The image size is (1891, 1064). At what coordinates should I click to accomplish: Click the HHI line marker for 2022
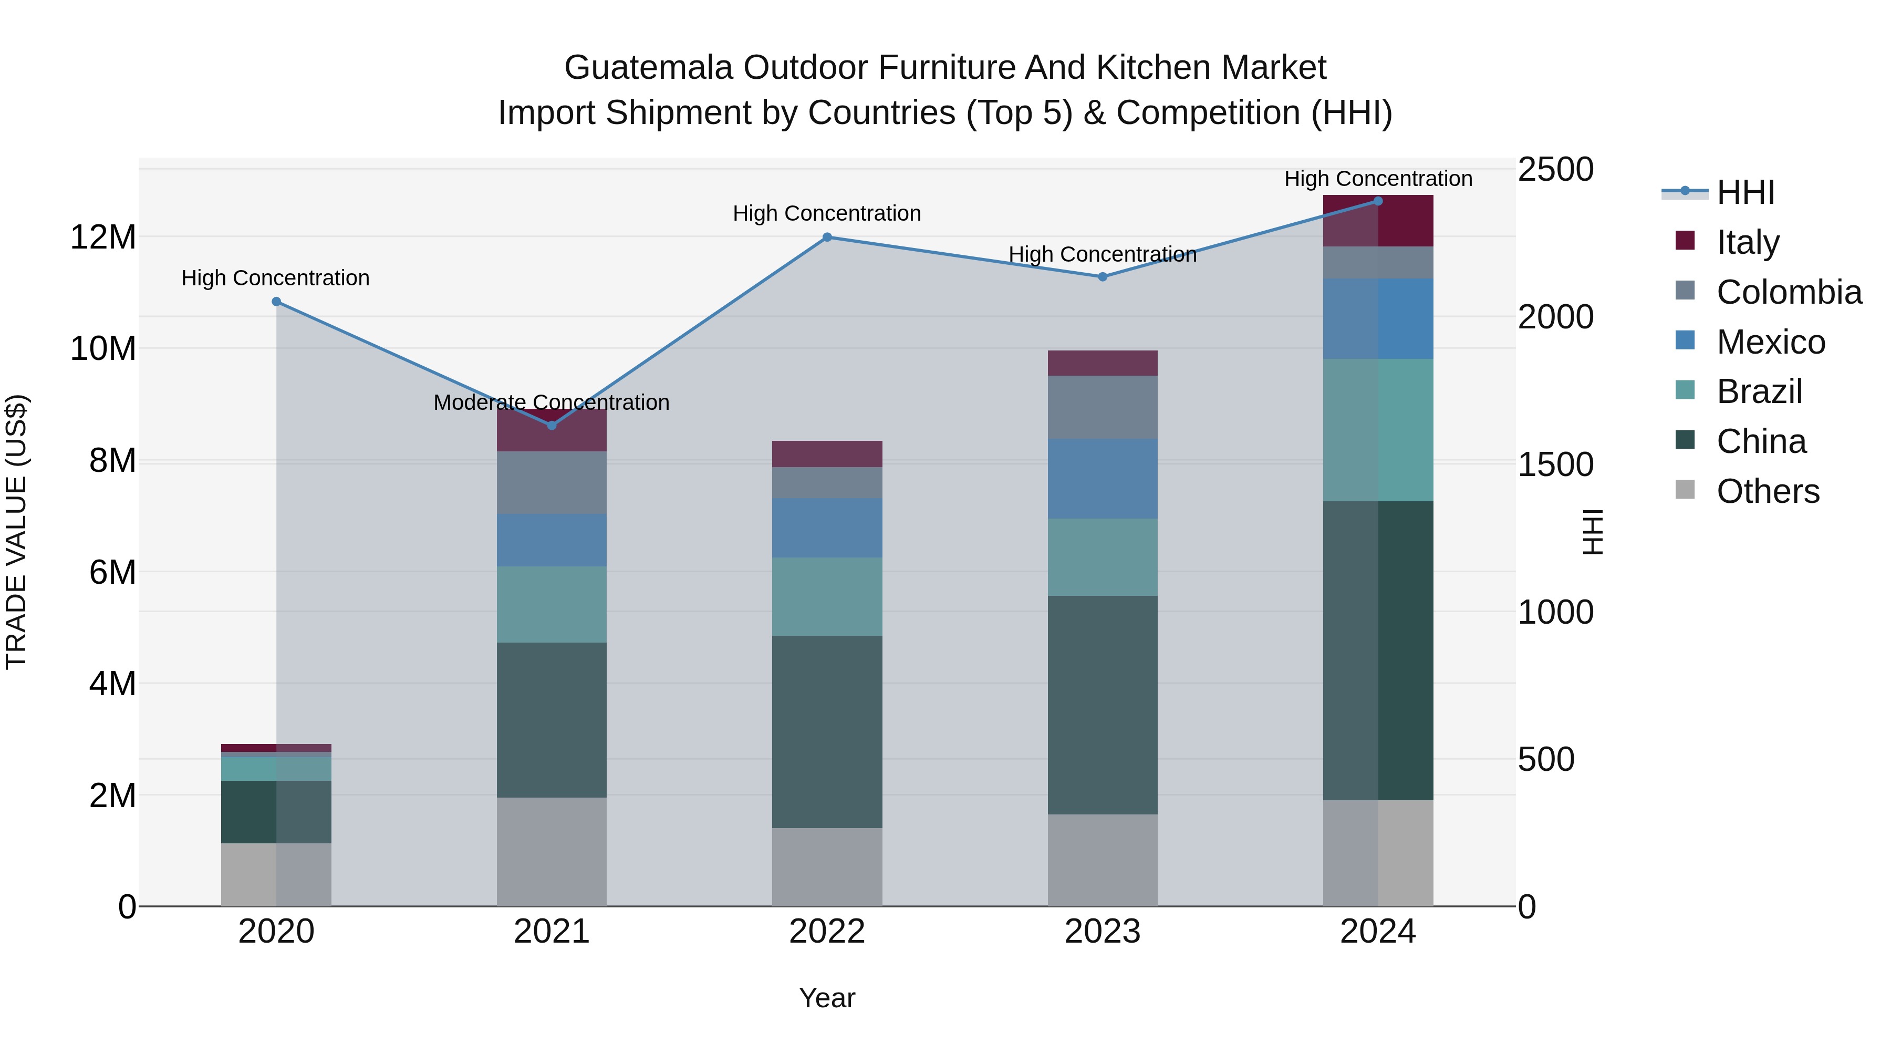pyautogui.click(x=827, y=237)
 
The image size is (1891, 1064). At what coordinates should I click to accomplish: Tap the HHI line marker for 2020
pyautogui.click(x=276, y=302)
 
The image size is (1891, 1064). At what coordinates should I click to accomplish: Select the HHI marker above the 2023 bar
pyautogui.click(x=1102, y=277)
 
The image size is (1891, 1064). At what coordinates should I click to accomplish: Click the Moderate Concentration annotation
pyautogui.click(x=552, y=402)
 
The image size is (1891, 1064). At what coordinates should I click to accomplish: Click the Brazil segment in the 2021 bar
pyautogui.click(x=552, y=604)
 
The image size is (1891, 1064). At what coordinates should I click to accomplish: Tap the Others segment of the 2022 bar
pyautogui.click(x=827, y=866)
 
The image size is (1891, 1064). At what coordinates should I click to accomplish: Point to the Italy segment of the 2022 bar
pyautogui.click(x=827, y=454)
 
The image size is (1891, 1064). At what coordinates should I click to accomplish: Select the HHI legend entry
pyautogui.click(x=1745, y=192)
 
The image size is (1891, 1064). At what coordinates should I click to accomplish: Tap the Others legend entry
pyautogui.click(x=1767, y=491)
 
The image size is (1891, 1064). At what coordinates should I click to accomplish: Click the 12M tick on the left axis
pyautogui.click(x=103, y=237)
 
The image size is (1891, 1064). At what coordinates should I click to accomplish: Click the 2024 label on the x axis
pyautogui.click(x=1377, y=932)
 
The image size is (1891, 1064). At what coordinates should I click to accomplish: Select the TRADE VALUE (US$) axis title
pyautogui.click(x=16, y=532)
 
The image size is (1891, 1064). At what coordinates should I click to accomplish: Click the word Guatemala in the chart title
pyautogui.click(x=648, y=68)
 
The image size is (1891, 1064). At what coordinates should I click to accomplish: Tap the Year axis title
pyautogui.click(x=827, y=998)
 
